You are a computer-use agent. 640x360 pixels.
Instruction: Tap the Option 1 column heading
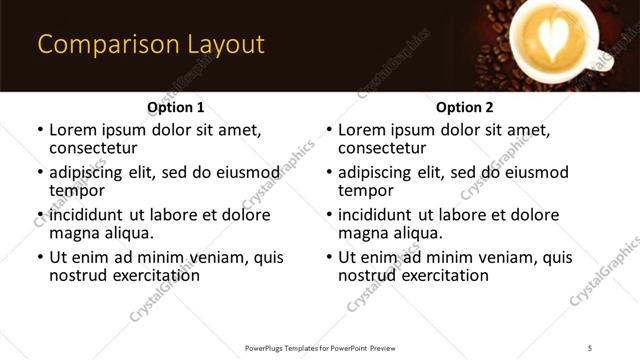coord(175,107)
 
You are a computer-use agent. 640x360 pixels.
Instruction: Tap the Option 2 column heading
coord(464,107)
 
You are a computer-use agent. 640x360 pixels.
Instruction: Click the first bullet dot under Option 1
coord(40,130)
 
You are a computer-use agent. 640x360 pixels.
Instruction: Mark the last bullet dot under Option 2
coord(329,258)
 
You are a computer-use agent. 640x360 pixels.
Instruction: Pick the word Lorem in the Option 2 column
coord(361,130)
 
